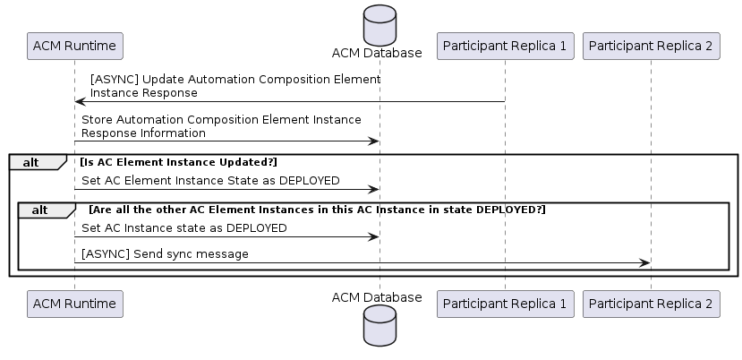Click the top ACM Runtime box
click(x=75, y=46)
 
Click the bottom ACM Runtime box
click(x=75, y=304)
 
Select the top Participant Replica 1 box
click(x=505, y=46)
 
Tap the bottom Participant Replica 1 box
click(x=505, y=304)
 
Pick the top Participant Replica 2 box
click(x=651, y=46)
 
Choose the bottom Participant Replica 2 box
click(x=651, y=304)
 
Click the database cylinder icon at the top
click(x=380, y=26)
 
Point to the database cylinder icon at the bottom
click(x=380, y=325)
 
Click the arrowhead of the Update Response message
click(x=80, y=101)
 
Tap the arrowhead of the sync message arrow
click(x=645, y=263)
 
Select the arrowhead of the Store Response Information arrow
click(x=374, y=141)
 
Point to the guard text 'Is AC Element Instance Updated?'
click(x=178, y=162)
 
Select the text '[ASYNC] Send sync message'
click(x=165, y=254)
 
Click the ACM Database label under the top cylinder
click(x=377, y=53)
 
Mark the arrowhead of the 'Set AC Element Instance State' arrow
click(x=374, y=190)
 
